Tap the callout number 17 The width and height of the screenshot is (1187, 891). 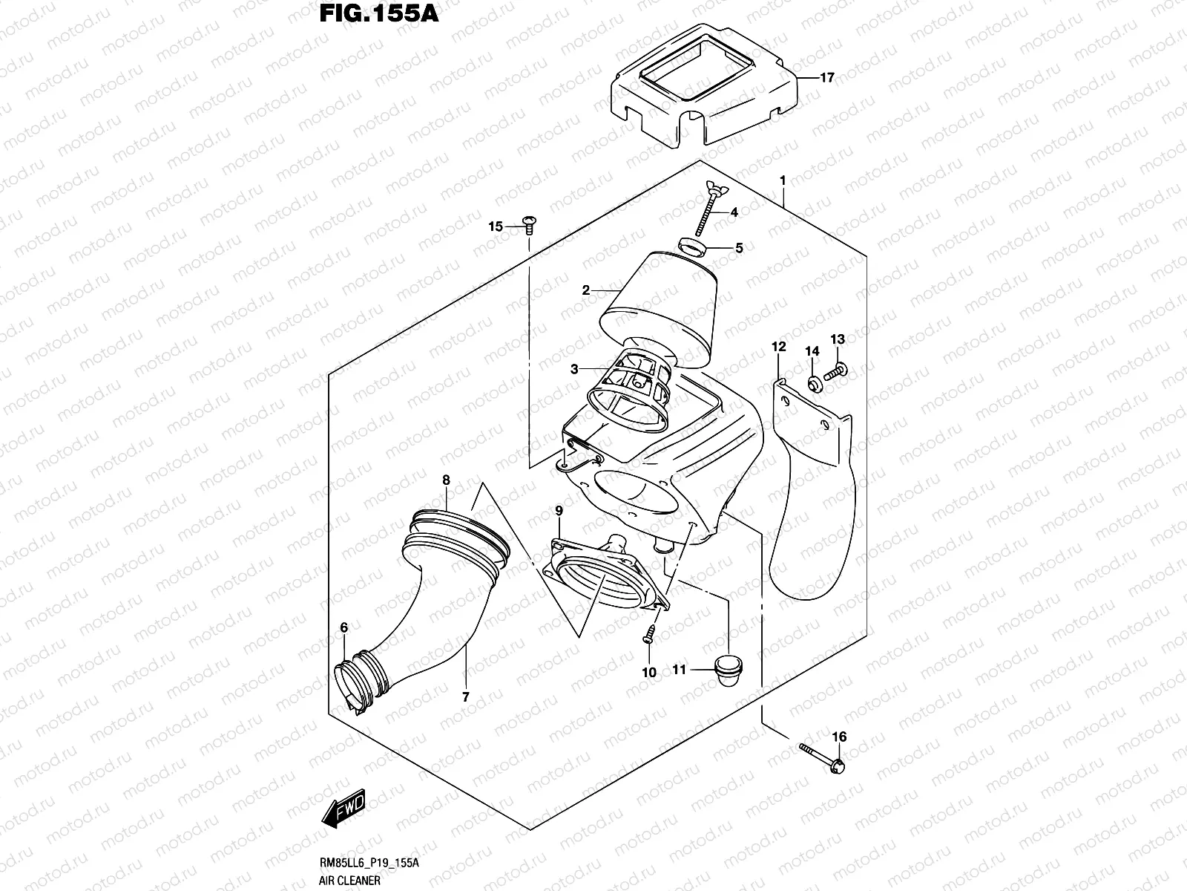tap(826, 77)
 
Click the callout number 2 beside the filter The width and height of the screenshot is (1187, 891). tap(586, 290)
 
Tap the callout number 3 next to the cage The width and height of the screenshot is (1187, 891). tap(574, 369)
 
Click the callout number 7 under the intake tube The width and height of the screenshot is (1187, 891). tap(465, 696)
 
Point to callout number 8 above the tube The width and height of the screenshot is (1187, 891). tap(446, 480)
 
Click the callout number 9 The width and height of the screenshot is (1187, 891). tap(559, 510)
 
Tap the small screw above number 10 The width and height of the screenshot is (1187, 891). tap(649, 633)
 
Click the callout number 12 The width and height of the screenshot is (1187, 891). tap(778, 347)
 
